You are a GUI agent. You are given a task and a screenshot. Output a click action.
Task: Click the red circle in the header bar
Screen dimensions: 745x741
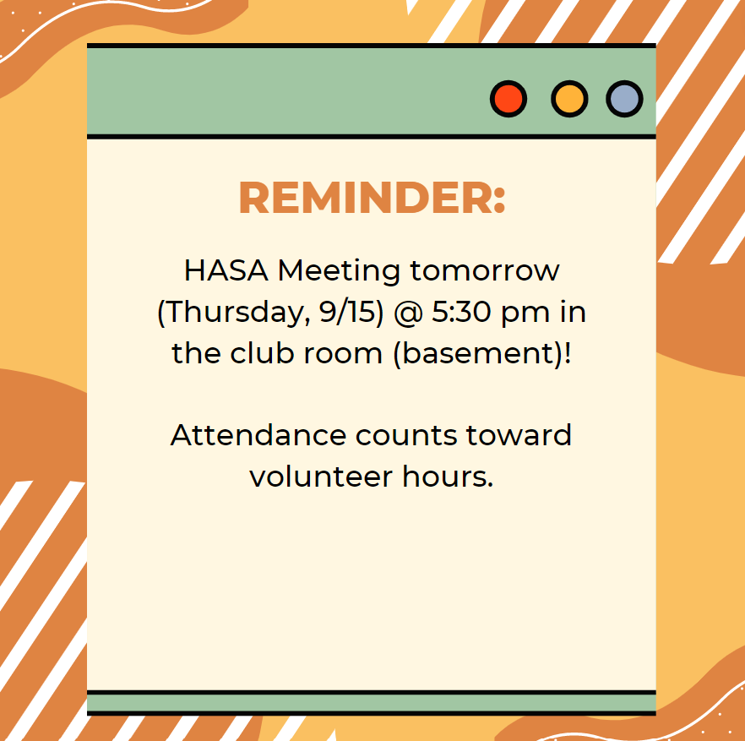click(508, 99)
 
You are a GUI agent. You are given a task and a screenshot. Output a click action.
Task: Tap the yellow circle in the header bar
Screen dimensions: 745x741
click(569, 99)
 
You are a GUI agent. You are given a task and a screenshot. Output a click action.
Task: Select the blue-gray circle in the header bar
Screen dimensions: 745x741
click(624, 99)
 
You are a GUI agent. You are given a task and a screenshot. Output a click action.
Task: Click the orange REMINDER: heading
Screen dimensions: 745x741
click(372, 198)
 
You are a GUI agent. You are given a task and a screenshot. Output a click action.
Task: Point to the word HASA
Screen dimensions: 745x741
click(226, 270)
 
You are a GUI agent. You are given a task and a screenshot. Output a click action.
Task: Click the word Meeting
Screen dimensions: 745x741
click(339, 272)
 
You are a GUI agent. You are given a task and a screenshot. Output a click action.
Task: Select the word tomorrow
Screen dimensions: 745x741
click(485, 271)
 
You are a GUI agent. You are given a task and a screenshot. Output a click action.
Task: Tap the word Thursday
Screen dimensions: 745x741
click(235, 313)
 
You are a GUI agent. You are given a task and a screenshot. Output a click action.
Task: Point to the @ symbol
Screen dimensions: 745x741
click(409, 313)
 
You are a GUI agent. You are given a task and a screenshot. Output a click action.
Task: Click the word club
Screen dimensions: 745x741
click(261, 353)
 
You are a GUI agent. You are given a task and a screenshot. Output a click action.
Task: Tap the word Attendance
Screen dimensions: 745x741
click(258, 435)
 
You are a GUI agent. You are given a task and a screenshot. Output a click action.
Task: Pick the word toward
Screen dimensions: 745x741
click(519, 435)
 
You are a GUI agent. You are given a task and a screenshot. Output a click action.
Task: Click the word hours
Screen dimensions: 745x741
click(448, 477)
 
